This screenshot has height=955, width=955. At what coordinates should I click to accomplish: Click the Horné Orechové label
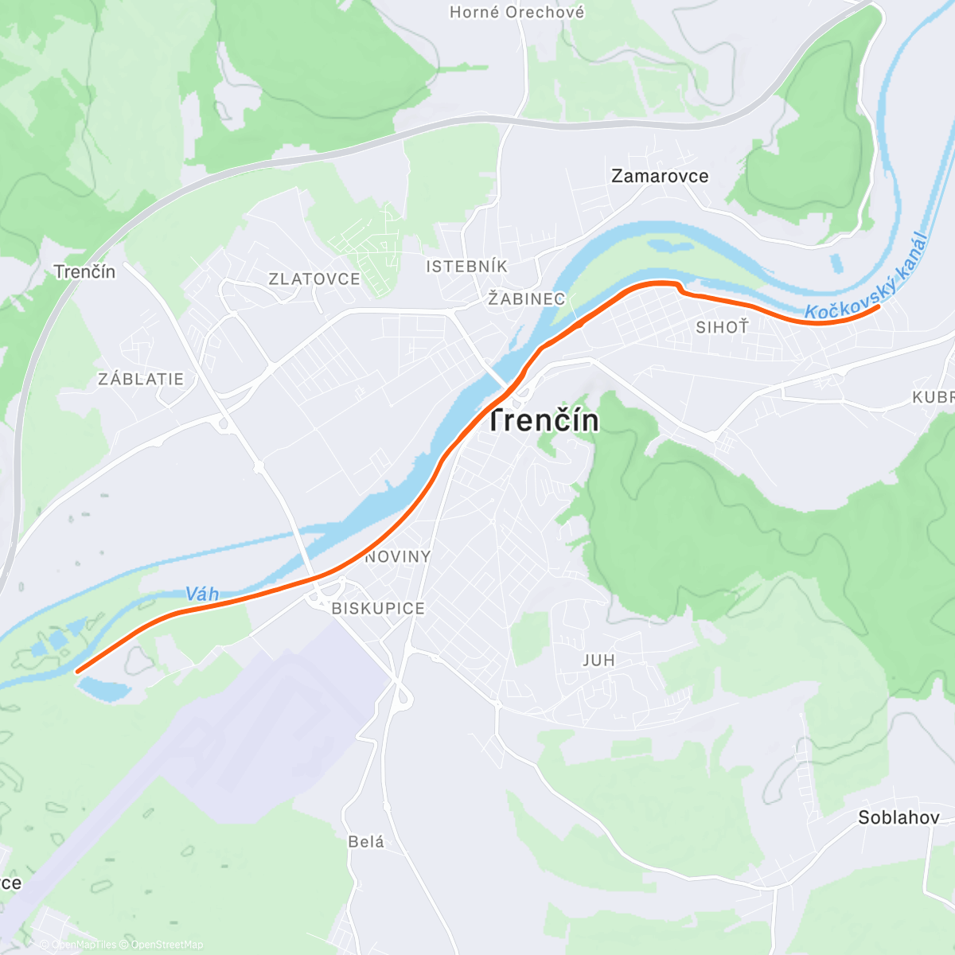[x=516, y=12]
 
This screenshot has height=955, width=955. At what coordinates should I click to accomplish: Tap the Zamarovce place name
[x=659, y=176]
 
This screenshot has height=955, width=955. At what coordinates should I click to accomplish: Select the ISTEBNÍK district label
[x=466, y=267]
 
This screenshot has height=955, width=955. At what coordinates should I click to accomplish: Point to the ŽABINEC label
[x=527, y=299]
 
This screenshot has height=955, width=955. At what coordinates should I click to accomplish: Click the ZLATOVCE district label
[x=314, y=279]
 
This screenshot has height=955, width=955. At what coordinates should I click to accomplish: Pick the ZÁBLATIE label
[x=141, y=380]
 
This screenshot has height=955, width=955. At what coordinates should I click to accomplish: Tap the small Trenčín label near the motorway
[x=84, y=272]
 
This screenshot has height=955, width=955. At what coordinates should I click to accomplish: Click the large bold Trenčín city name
[x=544, y=421]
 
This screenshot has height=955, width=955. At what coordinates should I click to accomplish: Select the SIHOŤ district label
[x=722, y=327]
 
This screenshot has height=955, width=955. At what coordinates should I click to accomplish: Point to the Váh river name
[x=202, y=594]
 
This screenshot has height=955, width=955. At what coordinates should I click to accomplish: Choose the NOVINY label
[x=398, y=557]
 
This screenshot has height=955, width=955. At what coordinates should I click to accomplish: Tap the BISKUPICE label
[x=378, y=609]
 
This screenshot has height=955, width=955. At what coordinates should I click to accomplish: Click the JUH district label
[x=598, y=661]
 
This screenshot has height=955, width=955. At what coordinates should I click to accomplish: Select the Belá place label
[x=366, y=842]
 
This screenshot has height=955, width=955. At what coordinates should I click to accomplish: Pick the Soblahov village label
[x=898, y=817]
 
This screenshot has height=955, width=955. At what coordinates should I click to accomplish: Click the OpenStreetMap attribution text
[x=166, y=945]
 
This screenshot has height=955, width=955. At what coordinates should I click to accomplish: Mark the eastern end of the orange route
[x=878, y=306]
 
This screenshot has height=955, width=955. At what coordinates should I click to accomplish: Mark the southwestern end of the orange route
[x=77, y=671]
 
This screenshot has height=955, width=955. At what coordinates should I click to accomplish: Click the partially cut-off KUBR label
[x=934, y=397]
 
